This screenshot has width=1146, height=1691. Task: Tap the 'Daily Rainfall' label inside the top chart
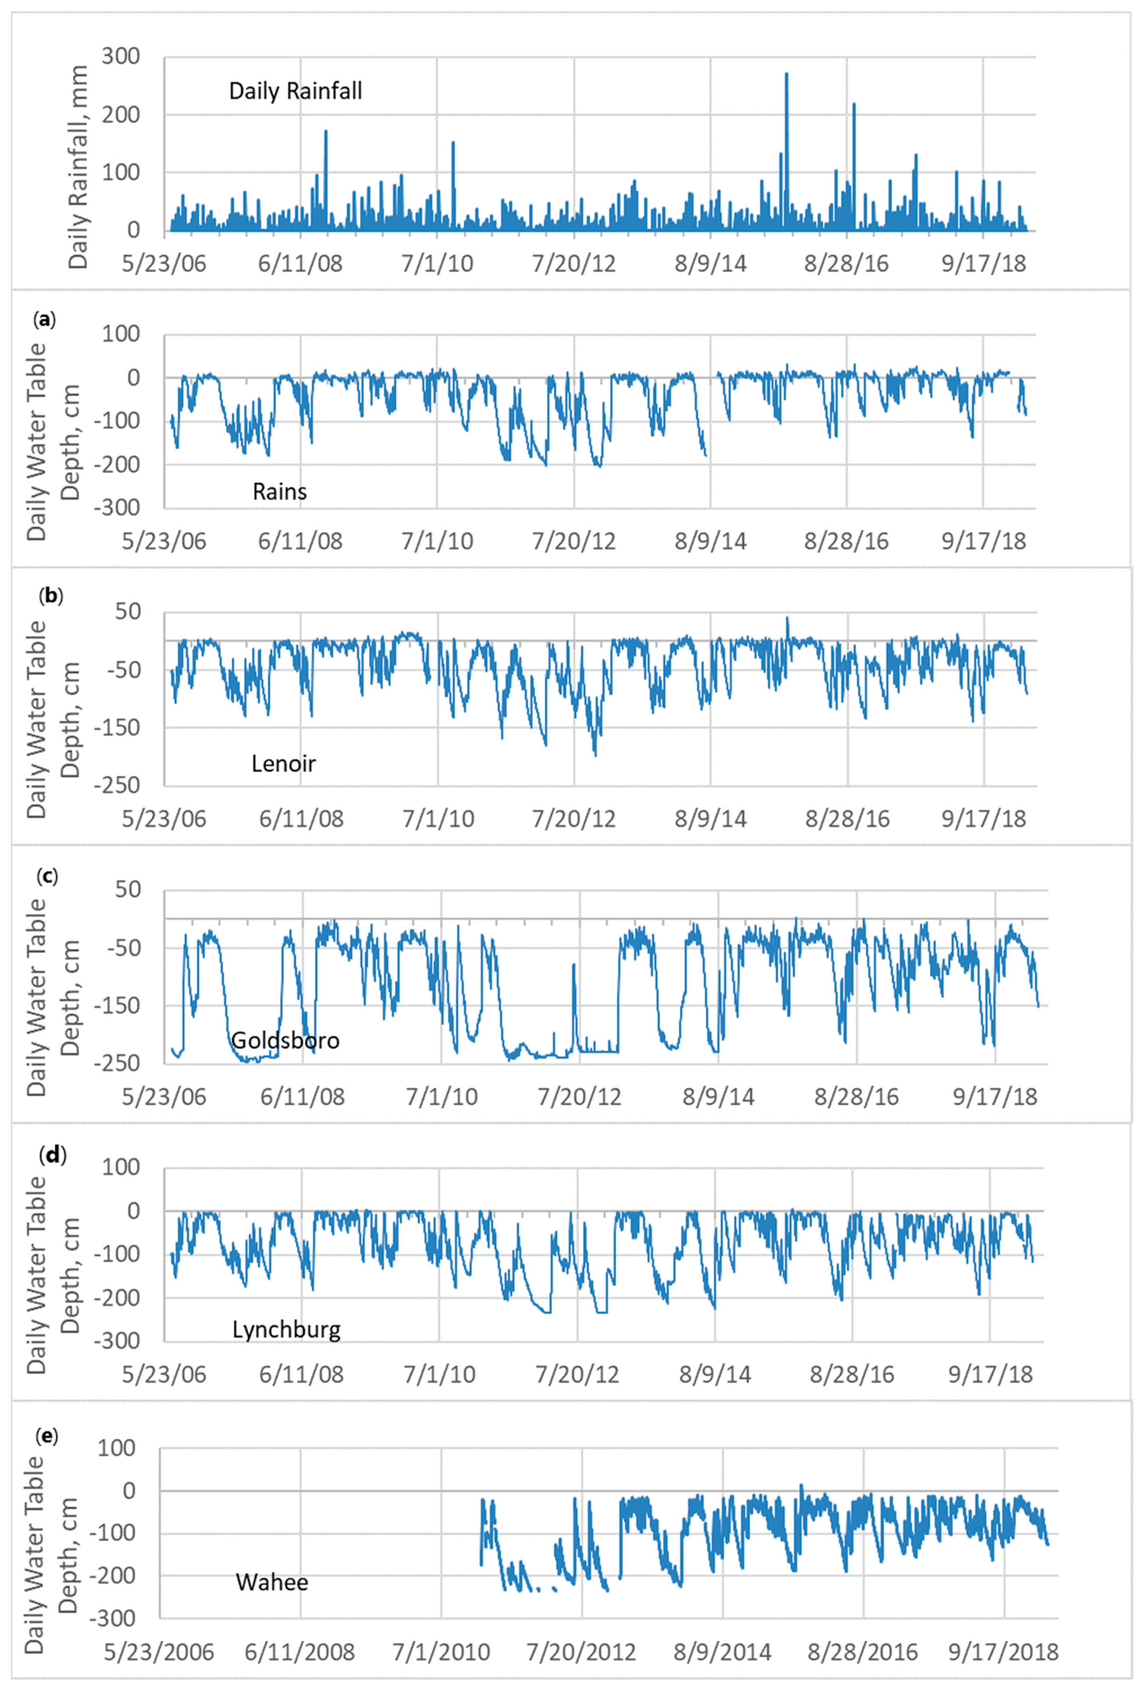tap(295, 91)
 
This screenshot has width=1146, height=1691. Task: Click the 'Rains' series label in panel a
tap(279, 492)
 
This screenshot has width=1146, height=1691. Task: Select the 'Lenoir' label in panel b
tap(284, 763)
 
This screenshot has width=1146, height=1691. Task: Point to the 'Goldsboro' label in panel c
tap(285, 1040)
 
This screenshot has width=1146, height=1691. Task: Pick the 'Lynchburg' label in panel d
tap(287, 1330)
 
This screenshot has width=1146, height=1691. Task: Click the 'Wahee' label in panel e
tap(272, 1583)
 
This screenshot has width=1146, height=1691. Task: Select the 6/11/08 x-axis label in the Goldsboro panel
tap(302, 1096)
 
